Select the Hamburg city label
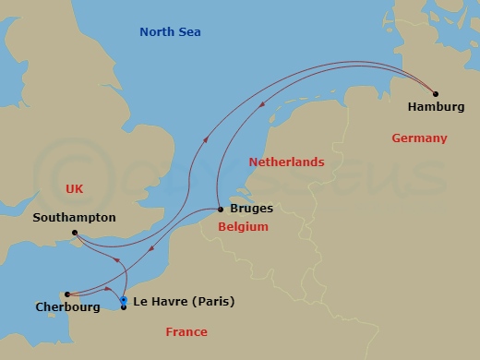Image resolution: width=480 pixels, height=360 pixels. click(436, 107)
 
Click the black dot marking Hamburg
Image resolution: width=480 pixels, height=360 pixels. click(436, 92)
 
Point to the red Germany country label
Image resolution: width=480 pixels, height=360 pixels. click(419, 138)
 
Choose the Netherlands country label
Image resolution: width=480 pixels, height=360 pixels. click(287, 162)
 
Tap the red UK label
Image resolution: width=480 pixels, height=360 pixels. click(75, 188)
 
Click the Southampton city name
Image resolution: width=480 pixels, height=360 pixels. click(74, 218)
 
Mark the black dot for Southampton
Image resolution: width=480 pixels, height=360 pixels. click(74, 233)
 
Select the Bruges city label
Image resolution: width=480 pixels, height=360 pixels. click(251, 210)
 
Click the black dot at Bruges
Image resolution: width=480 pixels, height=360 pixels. click(220, 209)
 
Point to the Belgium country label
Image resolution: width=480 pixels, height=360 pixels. click(243, 227)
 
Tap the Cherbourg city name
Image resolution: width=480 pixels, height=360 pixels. click(67, 307)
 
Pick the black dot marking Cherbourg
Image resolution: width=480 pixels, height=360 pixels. click(67, 294)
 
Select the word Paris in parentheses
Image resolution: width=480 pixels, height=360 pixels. click(214, 302)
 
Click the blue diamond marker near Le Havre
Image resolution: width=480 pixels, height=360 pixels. click(124, 299)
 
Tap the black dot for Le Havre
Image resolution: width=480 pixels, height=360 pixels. click(124, 306)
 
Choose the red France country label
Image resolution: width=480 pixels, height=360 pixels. click(186, 332)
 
